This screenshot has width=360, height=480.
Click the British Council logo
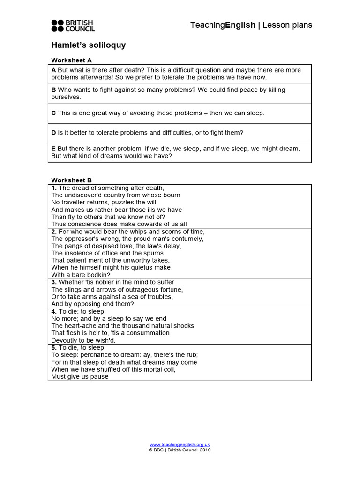73,25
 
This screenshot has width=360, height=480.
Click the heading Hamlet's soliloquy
88,45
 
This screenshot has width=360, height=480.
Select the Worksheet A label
72,60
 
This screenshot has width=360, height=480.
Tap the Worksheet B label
72,180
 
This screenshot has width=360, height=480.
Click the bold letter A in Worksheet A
53,70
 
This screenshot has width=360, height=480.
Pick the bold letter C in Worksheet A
53,113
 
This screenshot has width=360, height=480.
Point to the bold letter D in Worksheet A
53,133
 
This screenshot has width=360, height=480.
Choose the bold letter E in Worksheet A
53,149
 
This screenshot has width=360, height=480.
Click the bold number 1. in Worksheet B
54,188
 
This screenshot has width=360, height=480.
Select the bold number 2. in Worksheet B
54,232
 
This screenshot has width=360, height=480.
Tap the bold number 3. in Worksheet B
54,282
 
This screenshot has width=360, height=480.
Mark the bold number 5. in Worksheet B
54,348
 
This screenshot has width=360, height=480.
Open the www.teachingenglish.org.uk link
180,444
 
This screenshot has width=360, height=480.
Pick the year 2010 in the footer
205,450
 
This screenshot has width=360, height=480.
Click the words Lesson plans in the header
287,25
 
